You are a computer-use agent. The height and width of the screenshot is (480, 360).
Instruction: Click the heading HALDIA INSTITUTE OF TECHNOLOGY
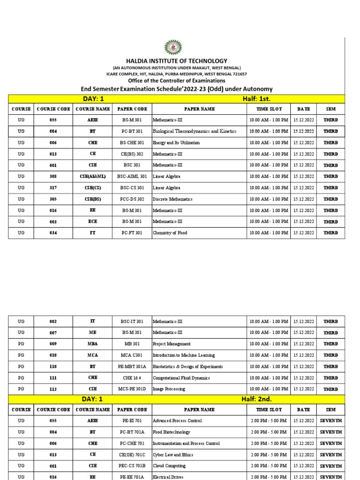point(176,61)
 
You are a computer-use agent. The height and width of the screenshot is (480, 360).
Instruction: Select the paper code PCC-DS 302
point(132,199)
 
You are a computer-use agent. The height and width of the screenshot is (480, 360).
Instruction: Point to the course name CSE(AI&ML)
point(92,177)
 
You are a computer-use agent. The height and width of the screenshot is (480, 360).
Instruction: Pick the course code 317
point(53,188)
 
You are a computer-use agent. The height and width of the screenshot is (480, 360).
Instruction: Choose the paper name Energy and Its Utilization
point(176,143)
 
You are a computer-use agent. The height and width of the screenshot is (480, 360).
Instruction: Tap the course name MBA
point(92,344)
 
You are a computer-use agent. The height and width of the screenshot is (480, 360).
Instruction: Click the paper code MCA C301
point(132,355)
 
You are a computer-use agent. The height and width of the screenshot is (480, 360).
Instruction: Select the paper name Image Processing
point(169,389)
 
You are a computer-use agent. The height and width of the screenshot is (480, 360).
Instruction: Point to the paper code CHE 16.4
point(132,378)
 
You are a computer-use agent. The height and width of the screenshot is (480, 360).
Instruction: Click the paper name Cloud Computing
point(169,466)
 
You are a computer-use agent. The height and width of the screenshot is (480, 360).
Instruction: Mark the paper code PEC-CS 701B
point(132,466)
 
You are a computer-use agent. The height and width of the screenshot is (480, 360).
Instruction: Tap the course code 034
point(53,233)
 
